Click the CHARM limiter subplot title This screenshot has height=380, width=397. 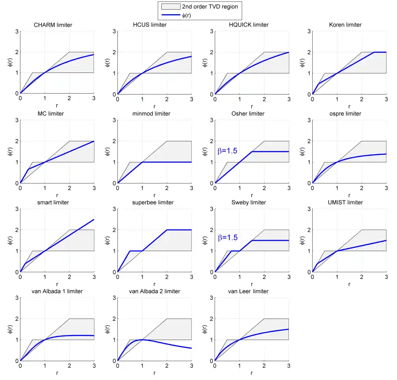pos(53,25)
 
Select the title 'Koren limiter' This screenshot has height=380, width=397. pos(345,25)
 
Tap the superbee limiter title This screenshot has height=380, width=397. pos(153,202)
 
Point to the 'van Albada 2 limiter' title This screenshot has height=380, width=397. pos(154,291)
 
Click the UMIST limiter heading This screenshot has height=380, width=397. pos(345,202)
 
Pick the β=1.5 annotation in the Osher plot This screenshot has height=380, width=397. pos(227,151)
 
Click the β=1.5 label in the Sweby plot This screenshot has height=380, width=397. pos(228,238)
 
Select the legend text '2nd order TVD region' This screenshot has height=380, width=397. pos(210,6)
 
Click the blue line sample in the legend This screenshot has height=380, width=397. pos(171,15)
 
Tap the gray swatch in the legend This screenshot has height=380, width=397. pos(171,6)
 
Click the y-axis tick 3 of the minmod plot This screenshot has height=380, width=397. pos(114,120)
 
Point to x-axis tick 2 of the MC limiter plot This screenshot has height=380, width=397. pos(69,188)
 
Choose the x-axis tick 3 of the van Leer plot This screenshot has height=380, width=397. pos(289,366)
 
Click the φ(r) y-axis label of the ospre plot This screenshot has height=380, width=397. pos(302,151)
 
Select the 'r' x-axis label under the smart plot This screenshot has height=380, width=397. pos(57,284)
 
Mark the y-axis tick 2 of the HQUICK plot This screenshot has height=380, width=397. pos(212,52)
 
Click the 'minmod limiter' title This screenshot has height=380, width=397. pos(151,113)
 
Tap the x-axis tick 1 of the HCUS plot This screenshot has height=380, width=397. pos(142,100)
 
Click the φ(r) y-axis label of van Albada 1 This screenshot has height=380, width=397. pos(10,329)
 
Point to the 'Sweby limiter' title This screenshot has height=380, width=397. pos(248,202)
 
